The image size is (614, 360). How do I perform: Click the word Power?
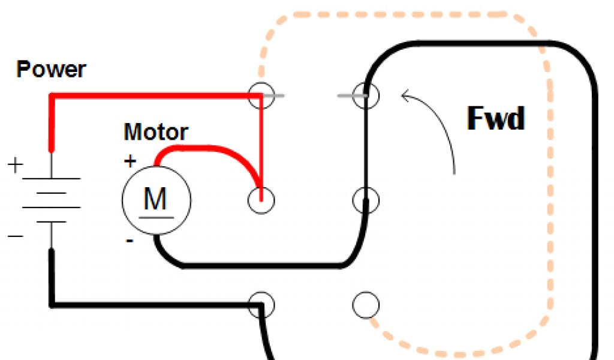(x=51, y=70)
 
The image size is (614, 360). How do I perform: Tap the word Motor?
(x=156, y=131)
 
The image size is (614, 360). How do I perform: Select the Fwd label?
(x=495, y=119)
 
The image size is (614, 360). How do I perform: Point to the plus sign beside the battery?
(x=14, y=164)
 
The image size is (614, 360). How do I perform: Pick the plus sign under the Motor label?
(x=130, y=161)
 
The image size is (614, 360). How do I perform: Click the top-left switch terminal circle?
(x=261, y=95)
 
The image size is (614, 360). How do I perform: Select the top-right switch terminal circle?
(x=366, y=95)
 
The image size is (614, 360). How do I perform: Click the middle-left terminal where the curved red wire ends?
(x=261, y=199)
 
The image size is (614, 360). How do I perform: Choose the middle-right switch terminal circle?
(x=366, y=200)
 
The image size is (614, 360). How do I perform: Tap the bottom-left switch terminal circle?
(x=261, y=305)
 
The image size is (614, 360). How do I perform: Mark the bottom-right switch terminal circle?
(x=365, y=305)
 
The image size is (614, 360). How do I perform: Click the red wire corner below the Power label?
(x=52, y=96)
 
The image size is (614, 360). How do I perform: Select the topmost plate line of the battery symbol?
(x=51, y=178)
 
